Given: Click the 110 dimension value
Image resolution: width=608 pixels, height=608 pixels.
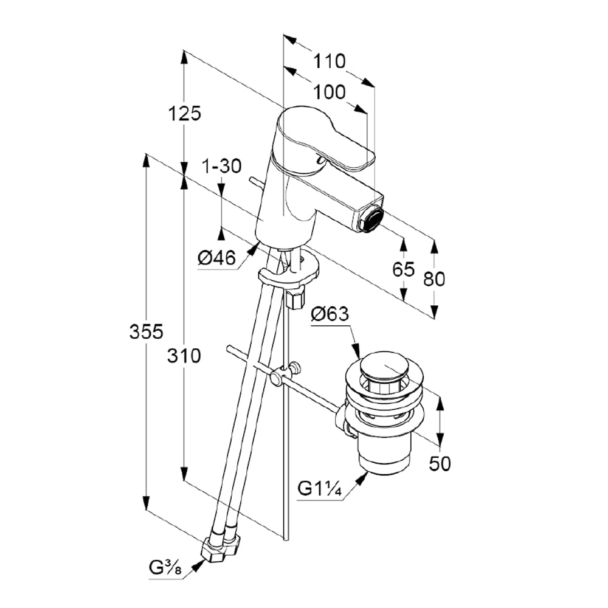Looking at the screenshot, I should point(330,61).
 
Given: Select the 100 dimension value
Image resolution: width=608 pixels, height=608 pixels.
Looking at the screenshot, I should point(330,92).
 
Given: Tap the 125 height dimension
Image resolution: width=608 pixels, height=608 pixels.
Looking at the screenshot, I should point(185,113).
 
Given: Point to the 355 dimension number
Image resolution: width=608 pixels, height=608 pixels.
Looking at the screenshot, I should point(147,332).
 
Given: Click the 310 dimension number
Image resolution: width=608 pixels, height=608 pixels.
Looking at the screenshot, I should point(184,356).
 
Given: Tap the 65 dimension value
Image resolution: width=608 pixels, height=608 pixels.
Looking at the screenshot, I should point(402,269).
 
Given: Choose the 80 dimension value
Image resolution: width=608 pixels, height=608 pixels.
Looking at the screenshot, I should point(434,278).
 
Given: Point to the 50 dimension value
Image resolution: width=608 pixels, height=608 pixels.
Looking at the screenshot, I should point(440,463).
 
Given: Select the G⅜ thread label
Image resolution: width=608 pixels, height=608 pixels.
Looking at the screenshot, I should point(164,570).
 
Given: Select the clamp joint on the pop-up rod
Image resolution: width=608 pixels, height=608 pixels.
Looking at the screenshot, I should point(280,375).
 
